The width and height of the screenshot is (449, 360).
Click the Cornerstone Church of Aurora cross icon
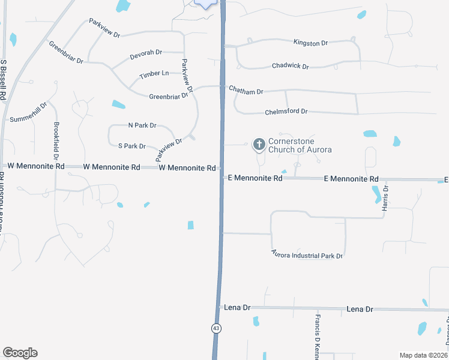pyautogui.click(x=259, y=143)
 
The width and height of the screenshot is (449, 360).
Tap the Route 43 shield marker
pyautogui.click(x=215, y=328)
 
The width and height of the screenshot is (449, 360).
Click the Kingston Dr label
pyautogui.click(x=310, y=43)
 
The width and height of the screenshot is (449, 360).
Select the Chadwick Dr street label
pyautogui.click(x=290, y=66)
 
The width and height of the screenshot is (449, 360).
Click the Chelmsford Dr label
pyautogui.click(x=286, y=112)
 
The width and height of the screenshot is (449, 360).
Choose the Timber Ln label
pyautogui.click(x=154, y=75)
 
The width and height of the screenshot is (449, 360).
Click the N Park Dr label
pyautogui.click(x=142, y=125)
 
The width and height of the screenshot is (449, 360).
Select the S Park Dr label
pyautogui.click(x=132, y=146)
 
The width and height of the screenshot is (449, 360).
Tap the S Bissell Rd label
pyautogui.click(x=4, y=79)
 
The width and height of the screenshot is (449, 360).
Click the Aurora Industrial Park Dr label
pyautogui.click(x=306, y=254)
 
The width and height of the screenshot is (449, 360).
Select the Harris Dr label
pyautogui.click(x=386, y=196)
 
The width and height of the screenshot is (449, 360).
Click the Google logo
pyautogui.click(x=20, y=353)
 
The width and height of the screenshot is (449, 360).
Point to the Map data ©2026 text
pyautogui.click(x=423, y=355)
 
